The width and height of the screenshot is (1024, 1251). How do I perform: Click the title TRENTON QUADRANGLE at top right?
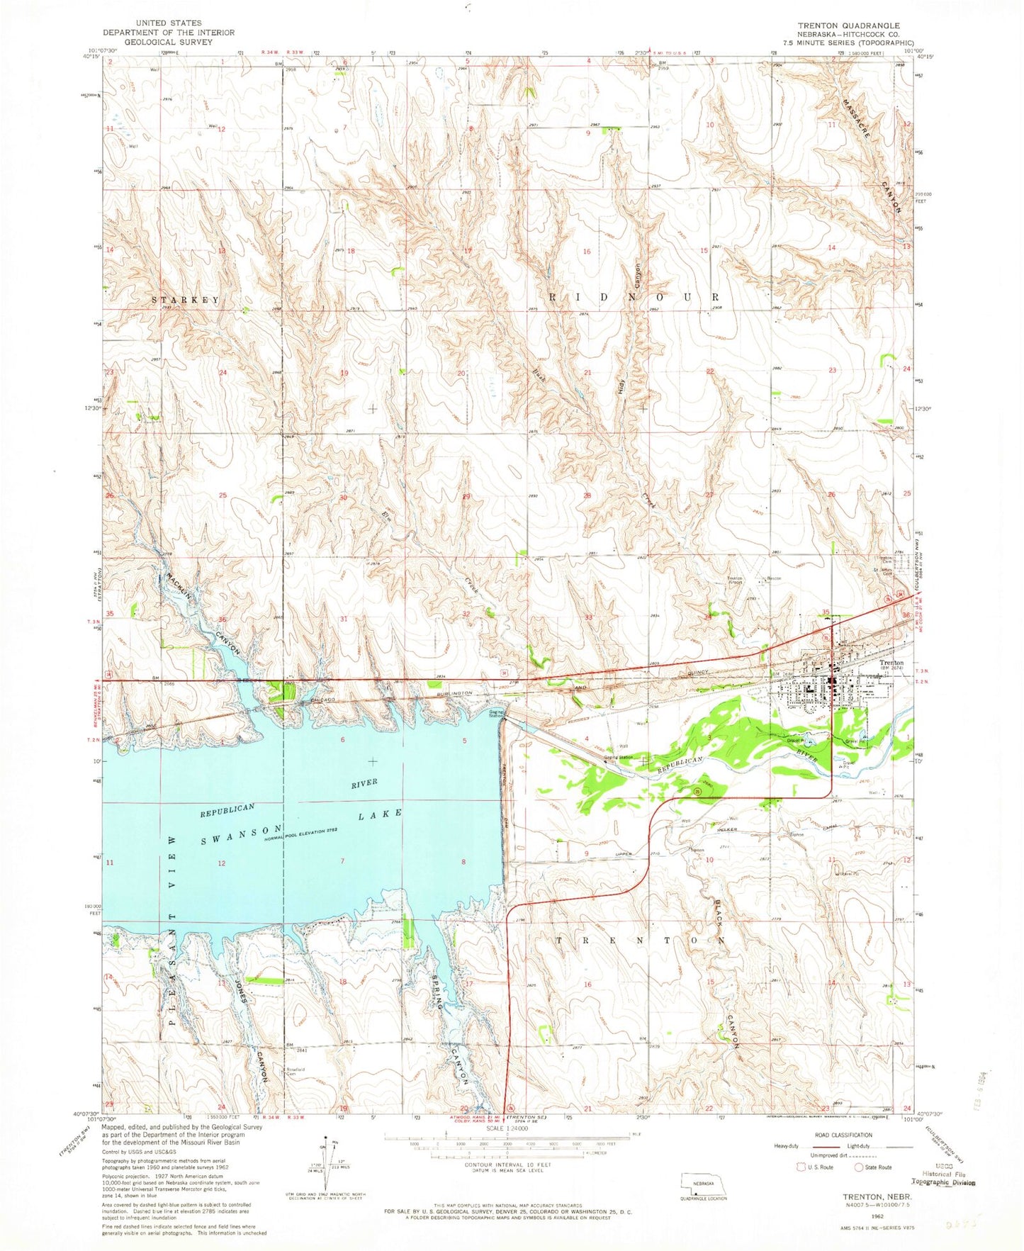tap(848, 25)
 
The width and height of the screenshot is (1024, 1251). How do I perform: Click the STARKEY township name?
tap(186, 300)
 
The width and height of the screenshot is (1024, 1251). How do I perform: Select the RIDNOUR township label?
tap(634, 297)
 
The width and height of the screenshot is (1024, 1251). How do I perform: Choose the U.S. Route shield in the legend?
tap(802, 1187)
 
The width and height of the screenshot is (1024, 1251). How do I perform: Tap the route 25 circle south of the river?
tap(697, 790)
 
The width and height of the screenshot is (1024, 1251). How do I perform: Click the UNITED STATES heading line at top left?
tap(168, 23)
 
